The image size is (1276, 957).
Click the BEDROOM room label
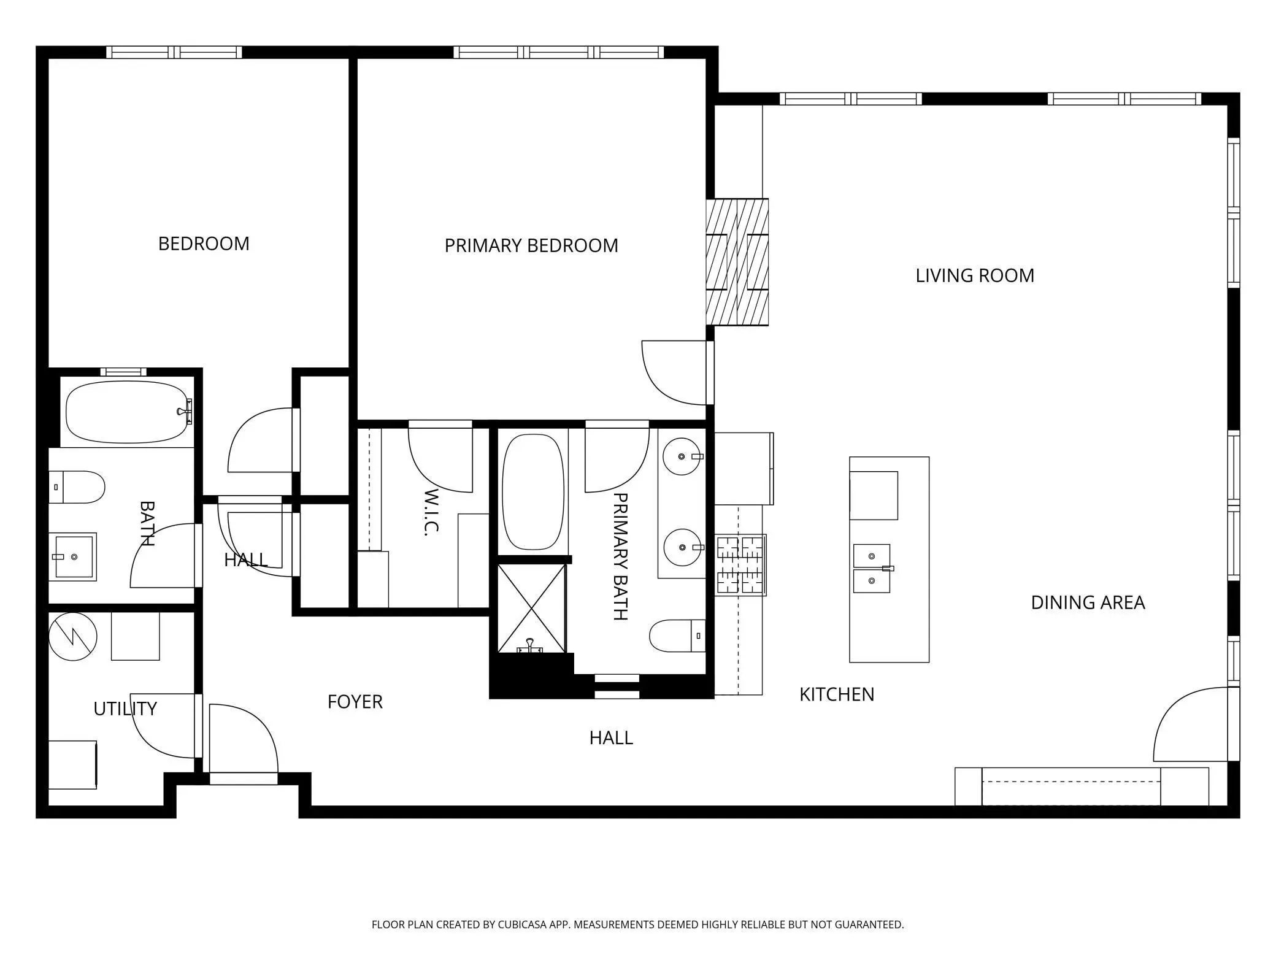pyautogui.click(x=204, y=244)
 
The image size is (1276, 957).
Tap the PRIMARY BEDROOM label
pyautogui.click(x=531, y=245)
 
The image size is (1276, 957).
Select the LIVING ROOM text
pyautogui.click(x=975, y=275)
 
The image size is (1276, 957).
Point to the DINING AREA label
pyautogui.click(x=1088, y=602)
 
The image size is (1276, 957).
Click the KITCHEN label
pyautogui.click(x=837, y=694)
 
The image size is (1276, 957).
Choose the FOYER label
pyautogui.click(x=355, y=702)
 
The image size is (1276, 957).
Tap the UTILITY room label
pyautogui.click(x=125, y=709)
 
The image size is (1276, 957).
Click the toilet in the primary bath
pyautogui.click(x=677, y=636)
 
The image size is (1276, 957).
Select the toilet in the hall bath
pyautogui.click(x=77, y=487)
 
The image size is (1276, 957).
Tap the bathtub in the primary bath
pyautogui.click(x=532, y=492)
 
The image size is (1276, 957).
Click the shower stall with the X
pyautogui.click(x=531, y=609)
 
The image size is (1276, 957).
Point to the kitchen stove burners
pyautogui.click(x=741, y=565)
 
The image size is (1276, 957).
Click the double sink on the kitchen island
pyautogui.click(x=872, y=568)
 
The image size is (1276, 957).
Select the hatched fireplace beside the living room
pyautogui.click(x=737, y=262)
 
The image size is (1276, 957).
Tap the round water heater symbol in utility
pyautogui.click(x=72, y=636)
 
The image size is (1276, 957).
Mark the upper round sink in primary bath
pyautogui.click(x=682, y=457)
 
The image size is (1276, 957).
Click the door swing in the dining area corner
pyautogui.click(x=1191, y=724)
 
